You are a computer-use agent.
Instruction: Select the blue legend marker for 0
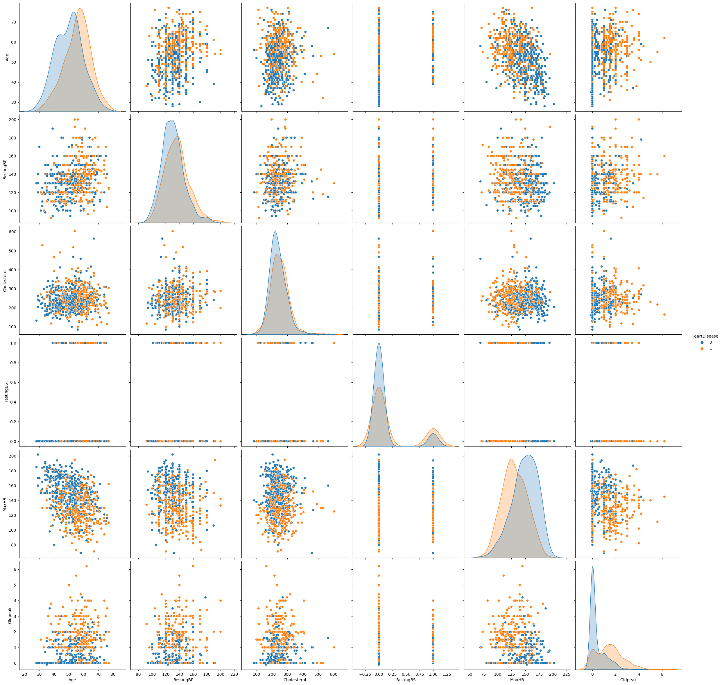pyautogui.click(x=702, y=342)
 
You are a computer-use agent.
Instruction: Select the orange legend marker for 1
pyautogui.click(x=702, y=348)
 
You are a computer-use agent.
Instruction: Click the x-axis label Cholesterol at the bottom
pyautogui.click(x=294, y=680)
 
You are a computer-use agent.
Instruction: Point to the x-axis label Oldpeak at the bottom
pyautogui.click(x=628, y=680)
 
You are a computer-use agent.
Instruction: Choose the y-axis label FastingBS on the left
pyautogui.click(x=6, y=392)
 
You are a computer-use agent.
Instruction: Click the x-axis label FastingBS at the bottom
pyautogui.click(x=406, y=680)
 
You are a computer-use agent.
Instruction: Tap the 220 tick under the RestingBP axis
pyautogui.click(x=234, y=674)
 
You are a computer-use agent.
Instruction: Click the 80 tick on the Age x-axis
pyautogui.click(x=113, y=674)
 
